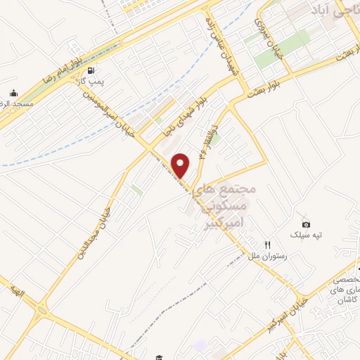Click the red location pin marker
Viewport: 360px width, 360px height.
181,165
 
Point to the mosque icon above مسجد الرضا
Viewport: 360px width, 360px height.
13,93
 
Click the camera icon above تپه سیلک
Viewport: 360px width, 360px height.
306,224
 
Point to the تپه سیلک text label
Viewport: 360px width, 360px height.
307,235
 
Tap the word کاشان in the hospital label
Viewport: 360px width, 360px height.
335,300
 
